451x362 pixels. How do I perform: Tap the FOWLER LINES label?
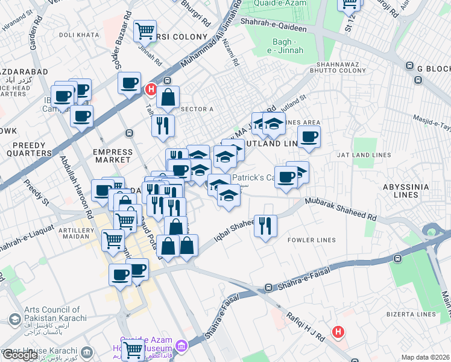(x=312, y=240)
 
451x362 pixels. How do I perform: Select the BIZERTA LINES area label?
(x=412, y=314)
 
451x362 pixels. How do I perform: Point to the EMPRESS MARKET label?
(x=112, y=156)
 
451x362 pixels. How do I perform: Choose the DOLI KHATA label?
(x=78, y=35)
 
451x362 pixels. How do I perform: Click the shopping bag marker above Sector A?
(x=168, y=96)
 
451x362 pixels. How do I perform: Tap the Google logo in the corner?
(x=20, y=355)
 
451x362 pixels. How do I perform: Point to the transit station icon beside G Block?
(x=410, y=66)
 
